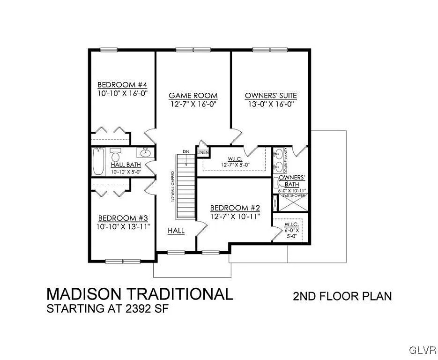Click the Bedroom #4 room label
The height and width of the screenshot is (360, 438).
[122, 85]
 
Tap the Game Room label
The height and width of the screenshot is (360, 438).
[193, 96]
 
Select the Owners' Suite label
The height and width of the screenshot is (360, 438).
[271, 96]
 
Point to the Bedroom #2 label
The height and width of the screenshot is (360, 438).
[235, 208]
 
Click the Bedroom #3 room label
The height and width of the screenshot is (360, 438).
[122, 218]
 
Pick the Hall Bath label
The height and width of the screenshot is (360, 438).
[126, 165]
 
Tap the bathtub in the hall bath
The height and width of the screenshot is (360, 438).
[97, 161]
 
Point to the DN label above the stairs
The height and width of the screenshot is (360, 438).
[186, 151]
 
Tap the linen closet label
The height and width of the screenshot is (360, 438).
[202, 153]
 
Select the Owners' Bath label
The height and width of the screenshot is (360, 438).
[292, 181]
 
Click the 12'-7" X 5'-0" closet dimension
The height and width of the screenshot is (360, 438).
[235, 165]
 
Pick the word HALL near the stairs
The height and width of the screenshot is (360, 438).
[176, 231]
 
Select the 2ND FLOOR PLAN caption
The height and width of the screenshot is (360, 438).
[342, 296]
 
